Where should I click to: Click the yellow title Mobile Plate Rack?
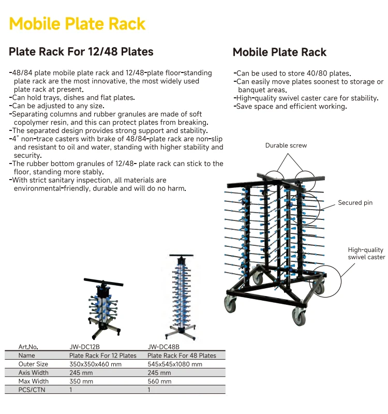(x=78, y=24)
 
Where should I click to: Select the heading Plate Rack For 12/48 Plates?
(x=81, y=52)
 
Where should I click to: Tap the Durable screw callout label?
(x=286, y=145)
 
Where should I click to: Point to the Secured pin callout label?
(x=355, y=203)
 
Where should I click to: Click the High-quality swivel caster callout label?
(x=366, y=253)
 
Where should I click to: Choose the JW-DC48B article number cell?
(x=163, y=347)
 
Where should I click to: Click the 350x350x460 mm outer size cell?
(x=95, y=364)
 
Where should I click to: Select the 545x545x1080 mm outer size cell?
(x=175, y=364)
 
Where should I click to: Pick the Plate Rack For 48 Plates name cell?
(x=182, y=356)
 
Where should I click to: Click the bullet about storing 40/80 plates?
(x=292, y=73)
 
